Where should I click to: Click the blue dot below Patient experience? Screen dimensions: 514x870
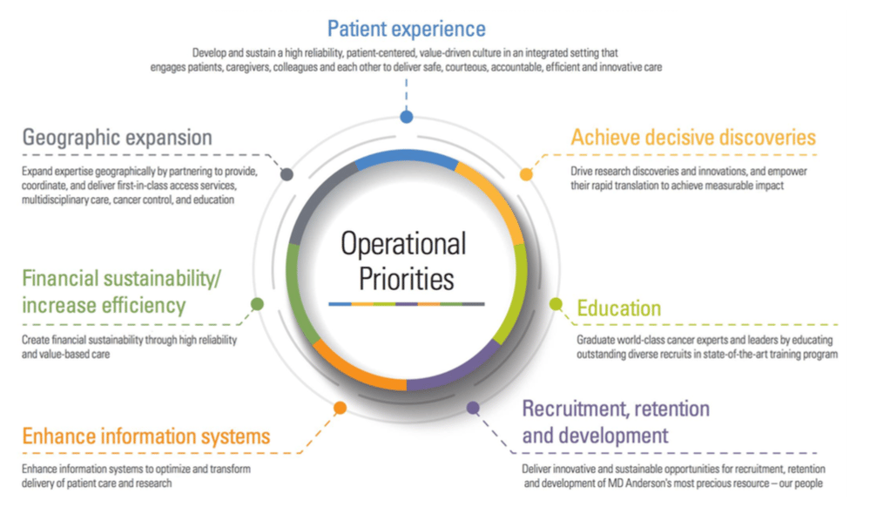(x=406, y=117)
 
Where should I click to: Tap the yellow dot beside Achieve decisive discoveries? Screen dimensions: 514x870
(x=526, y=174)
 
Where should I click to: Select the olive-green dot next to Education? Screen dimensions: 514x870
(x=556, y=304)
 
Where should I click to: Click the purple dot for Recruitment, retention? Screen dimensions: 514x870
(x=474, y=407)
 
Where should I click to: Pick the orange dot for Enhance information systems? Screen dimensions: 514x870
(x=341, y=407)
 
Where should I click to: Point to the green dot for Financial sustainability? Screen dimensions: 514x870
(x=257, y=304)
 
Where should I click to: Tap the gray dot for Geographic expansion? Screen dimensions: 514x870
(x=287, y=174)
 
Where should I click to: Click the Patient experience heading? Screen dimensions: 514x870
(x=406, y=29)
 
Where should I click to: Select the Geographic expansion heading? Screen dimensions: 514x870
(x=118, y=138)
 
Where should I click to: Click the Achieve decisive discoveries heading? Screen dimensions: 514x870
(x=693, y=138)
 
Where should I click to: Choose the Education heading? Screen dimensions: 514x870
(x=619, y=308)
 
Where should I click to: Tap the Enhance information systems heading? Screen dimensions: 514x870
(x=146, y=436)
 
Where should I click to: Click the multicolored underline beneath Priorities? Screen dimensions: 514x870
(x=407, y=304)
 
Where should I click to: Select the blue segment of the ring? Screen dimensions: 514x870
(x=406, y=159)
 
